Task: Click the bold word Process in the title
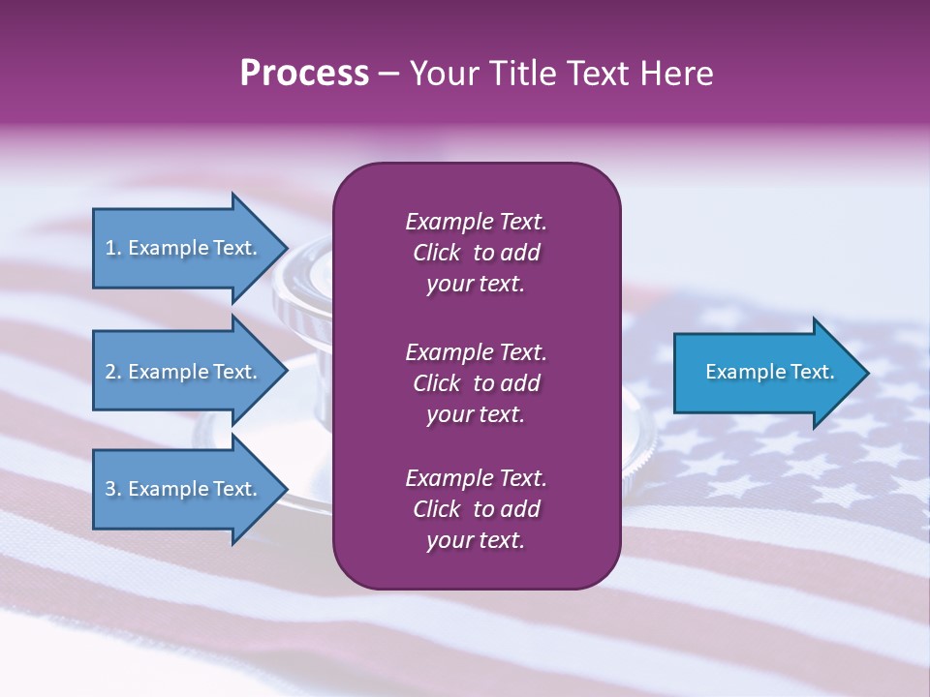pos(304,74)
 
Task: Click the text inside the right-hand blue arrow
pos(769,372)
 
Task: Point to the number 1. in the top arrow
pos(112,248)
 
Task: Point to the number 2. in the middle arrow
pos(112,372)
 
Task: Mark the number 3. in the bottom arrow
pos(112,489)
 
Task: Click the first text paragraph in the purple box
pos(476,253)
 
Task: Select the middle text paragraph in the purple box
pos(476,383)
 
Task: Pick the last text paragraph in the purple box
pos(476,509)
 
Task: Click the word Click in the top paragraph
pos(436,253)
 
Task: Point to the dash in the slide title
pos(389,75)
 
